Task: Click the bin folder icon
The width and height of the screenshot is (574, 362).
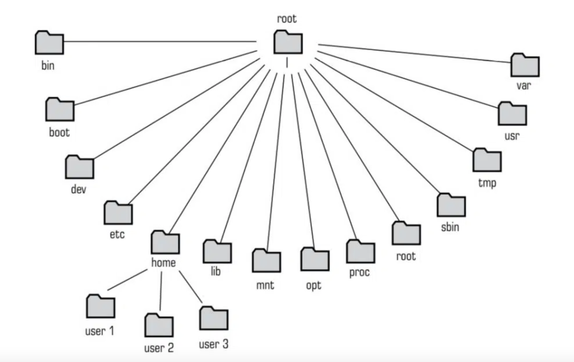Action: pyautogui.click(x=49, y=43)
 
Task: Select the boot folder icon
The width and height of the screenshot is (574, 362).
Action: pyautogui.click(x=60, y=109)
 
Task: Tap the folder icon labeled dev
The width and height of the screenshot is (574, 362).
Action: pyautogui.click(x=80, y=167)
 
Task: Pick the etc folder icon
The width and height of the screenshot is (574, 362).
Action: pyautogui.click(x=118, y=213)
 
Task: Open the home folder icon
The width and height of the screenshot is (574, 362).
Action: pyautogui.click(x=165, y=242)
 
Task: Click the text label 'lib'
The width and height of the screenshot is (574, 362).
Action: pyautogui.click(x=216, y=271)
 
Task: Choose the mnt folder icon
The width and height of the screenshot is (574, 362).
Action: pyautogui.click(x=266, y=261)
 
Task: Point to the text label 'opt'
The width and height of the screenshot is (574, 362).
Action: pyautogui.click(x=314, y=286)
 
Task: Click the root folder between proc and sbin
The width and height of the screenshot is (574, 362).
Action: pyautogui.click(x=406, y=233)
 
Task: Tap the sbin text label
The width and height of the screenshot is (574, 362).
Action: pyautogui.click(x=450, y=227)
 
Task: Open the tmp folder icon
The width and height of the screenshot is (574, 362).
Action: pyautogui.click(x=487, y=160)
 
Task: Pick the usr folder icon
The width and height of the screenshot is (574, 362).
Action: pyautogui.click(x=512, y=114)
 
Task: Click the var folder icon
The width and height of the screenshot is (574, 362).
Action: pyautogui.click(x=525, y=65)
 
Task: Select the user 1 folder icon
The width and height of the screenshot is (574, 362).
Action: pyautogui.click(x=101, y=307)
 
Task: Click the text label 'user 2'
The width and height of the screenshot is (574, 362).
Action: pyautogui.click(x=159, y=348)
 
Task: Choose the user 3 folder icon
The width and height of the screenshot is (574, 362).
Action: pyautogui.click(x=214, y=319)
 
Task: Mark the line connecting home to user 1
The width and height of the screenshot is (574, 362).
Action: pyautogui.click(x=127, y=280)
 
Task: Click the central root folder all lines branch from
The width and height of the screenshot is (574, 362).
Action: pyautogui.click(x=288, y=42)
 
